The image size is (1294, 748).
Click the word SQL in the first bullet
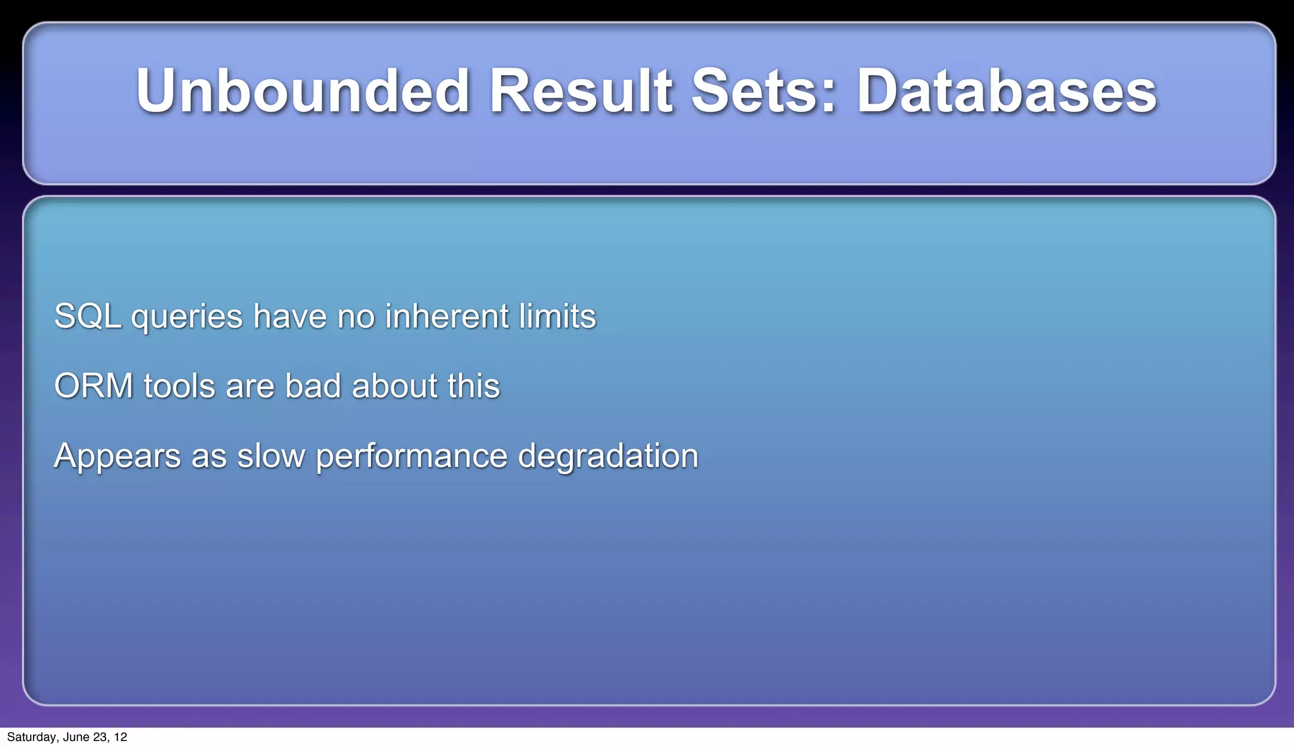pyautogui.click(x=87, y=317)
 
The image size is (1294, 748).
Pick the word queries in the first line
pyautogui.click(x=186, y=317)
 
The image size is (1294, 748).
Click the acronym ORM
pyautogui.click(x=94, y=386)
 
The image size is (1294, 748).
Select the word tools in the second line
pyautogui.click(x=179, y=386)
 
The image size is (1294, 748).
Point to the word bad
pyautogui.click(x=313, y=386)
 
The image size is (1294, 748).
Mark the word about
pyautogui.click(x=394, y=386)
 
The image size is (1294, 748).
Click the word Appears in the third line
pyautogui.click(x=118, y=456)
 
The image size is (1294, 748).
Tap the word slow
pyautogui.click(x=270, y=456)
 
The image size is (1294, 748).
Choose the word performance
pyautogui.click(x=411, y=456)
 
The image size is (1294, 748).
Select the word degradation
pyautogui.click(x=608, y=456)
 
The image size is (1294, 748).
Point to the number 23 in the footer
pyautogui.click(x=99, y=737)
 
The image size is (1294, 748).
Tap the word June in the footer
pyautogui.click(x=76, y=737)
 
